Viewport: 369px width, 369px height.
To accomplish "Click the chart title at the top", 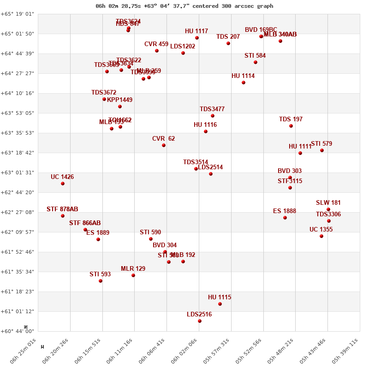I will coord(184,6).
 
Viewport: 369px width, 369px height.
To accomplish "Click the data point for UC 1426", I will coord(63,184).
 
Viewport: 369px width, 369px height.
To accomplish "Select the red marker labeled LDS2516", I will coord(200,321).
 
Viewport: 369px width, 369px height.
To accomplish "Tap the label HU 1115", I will coord(220,298).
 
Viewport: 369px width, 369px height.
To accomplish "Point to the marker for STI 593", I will coord(101,281).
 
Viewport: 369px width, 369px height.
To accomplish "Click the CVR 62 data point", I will coord(164,145).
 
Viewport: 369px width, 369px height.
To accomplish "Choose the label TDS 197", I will coord(291,119).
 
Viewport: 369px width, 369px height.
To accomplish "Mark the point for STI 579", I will coord(322,150).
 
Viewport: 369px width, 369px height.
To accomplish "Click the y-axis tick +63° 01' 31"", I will coord(18,173).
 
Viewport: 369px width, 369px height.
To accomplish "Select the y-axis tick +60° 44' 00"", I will coord(18,331).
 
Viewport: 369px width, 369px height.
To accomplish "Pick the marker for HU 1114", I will coord(244,83).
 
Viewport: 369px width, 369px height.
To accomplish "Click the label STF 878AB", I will coord(62,209).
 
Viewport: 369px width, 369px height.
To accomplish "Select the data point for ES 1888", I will coord(285,218).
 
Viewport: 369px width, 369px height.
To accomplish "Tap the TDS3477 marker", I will coord(213,116).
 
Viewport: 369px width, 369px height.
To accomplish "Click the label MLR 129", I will coord(133,269).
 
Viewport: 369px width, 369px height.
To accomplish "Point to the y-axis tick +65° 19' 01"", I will coord(18,14).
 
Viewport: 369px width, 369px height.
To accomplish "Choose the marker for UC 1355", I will coord(321,236).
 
